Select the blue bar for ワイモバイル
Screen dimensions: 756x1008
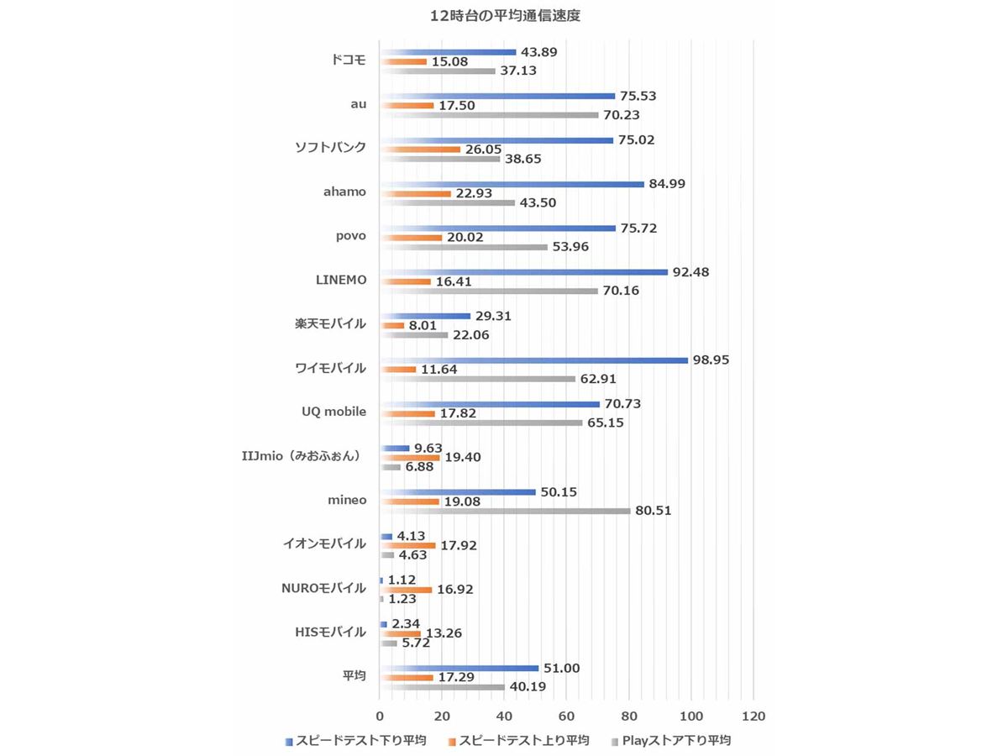(533, 360)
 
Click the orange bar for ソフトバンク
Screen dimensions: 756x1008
(420, 149)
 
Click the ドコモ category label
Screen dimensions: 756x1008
(349, 60)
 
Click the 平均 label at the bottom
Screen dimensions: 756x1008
(354, 676)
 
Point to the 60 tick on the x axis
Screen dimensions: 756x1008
(567, 717)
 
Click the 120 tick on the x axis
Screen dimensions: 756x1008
(753, 717)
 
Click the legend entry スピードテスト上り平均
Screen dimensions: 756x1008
(525, 740)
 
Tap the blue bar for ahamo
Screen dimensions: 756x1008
(512, 184)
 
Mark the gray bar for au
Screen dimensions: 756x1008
(489, 114)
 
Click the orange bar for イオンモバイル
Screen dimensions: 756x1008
(407, 545)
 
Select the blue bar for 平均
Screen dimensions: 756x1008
(459, 668)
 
